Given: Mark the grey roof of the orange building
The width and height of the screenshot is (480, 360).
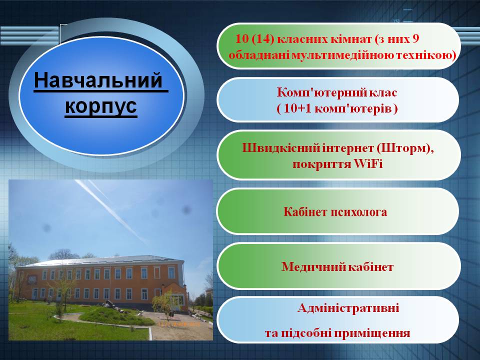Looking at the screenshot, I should point(100,261).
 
